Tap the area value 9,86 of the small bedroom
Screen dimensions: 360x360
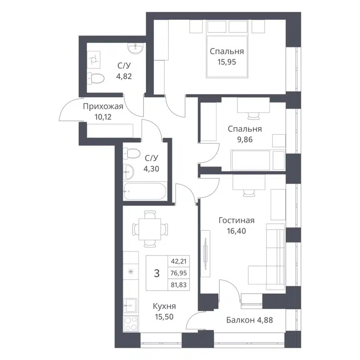(x=244, y=139)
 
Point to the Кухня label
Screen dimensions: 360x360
(x=164, y=306)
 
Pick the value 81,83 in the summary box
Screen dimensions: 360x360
(x=179, y=285)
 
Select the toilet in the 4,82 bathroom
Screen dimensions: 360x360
(x=95, y=78)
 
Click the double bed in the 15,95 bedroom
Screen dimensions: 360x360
(x=229, y=49)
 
